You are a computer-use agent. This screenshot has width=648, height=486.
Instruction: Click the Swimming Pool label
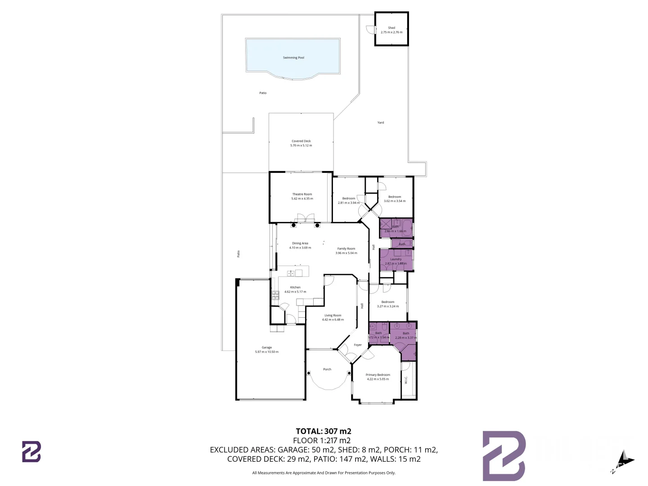coord(293,58)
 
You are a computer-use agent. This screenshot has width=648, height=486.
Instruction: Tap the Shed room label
coord(391,28)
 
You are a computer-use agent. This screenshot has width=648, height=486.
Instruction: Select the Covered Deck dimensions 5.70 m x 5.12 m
coord(301,145)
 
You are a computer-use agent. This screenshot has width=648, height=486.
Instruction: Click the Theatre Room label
coord(302,194)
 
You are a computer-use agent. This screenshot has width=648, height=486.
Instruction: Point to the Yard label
coord(381,122)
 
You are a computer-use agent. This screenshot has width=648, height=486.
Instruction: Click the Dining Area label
coord(300,243)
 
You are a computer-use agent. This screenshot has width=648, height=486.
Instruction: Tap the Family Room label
coord(346,248)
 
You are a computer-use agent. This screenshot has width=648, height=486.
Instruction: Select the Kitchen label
coord(295,287)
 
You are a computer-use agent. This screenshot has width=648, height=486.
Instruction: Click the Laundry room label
coord(396,259)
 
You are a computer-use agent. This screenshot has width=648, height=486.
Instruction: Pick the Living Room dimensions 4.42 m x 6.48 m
coord(333,320)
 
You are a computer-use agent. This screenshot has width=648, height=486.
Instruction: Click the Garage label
coord(267,347)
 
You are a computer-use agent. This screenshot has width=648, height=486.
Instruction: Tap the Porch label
coord(327,369)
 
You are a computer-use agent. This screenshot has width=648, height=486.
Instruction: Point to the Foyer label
coord(358,345)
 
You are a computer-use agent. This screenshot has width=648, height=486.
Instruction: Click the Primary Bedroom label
coord(378,375)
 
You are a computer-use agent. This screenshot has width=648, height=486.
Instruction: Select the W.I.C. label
coord(406,380)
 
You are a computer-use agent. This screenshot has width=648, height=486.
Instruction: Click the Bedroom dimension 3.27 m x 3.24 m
coord(388,306)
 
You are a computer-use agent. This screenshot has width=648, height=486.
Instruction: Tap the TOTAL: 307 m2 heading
coord(324,431)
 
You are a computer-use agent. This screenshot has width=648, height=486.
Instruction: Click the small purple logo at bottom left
coord(31,451)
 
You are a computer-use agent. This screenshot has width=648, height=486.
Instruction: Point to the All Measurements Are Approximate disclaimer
coord(324,473)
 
